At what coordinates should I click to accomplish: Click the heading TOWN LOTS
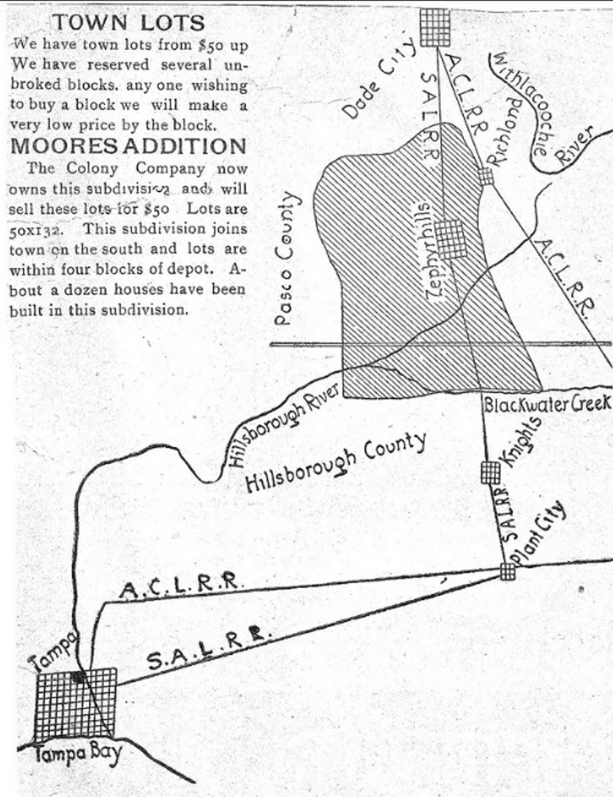click(x=127, y=22)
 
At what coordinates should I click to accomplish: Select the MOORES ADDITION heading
click(x=127, y=147)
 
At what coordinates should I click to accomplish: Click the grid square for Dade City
click(x=435, y=27)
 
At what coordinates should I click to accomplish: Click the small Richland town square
click(x=486, y=175)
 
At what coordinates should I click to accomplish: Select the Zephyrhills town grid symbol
click(x=451, y=238)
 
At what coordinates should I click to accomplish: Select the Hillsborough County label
click(x=336, y=462)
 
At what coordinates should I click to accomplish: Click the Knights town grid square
click(x=489, y=471)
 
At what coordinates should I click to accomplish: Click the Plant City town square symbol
click(x=508, y=571)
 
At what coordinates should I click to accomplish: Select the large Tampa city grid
click(x=75, y=703)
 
